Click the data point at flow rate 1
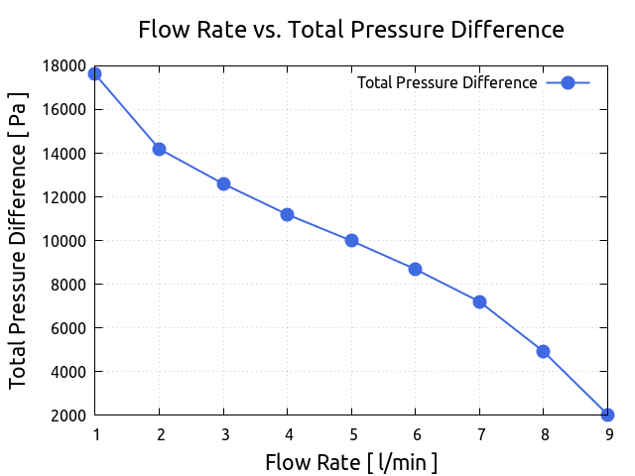95,74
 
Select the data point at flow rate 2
159,150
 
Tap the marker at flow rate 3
223,184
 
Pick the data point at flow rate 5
351,241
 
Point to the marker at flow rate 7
479,301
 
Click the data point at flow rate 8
543,351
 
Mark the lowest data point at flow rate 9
607,415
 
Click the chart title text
351,30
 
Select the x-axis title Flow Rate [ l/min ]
351,462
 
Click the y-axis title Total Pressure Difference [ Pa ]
19,240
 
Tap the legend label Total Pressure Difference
446,83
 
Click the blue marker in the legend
568,83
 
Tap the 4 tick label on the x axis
288,434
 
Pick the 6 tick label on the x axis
416,434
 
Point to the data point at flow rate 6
415,269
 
